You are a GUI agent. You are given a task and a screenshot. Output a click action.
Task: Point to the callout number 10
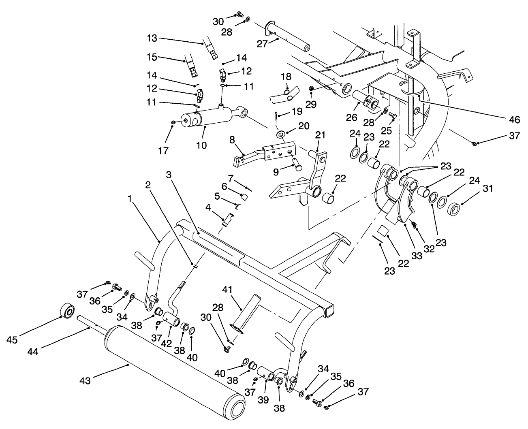tap(201, 145)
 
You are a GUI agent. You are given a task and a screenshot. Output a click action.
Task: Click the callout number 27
tap(262, 44)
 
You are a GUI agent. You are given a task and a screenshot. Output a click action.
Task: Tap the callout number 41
tap(227, 290)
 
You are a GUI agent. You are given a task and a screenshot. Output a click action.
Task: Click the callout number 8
tap(232, 140)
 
